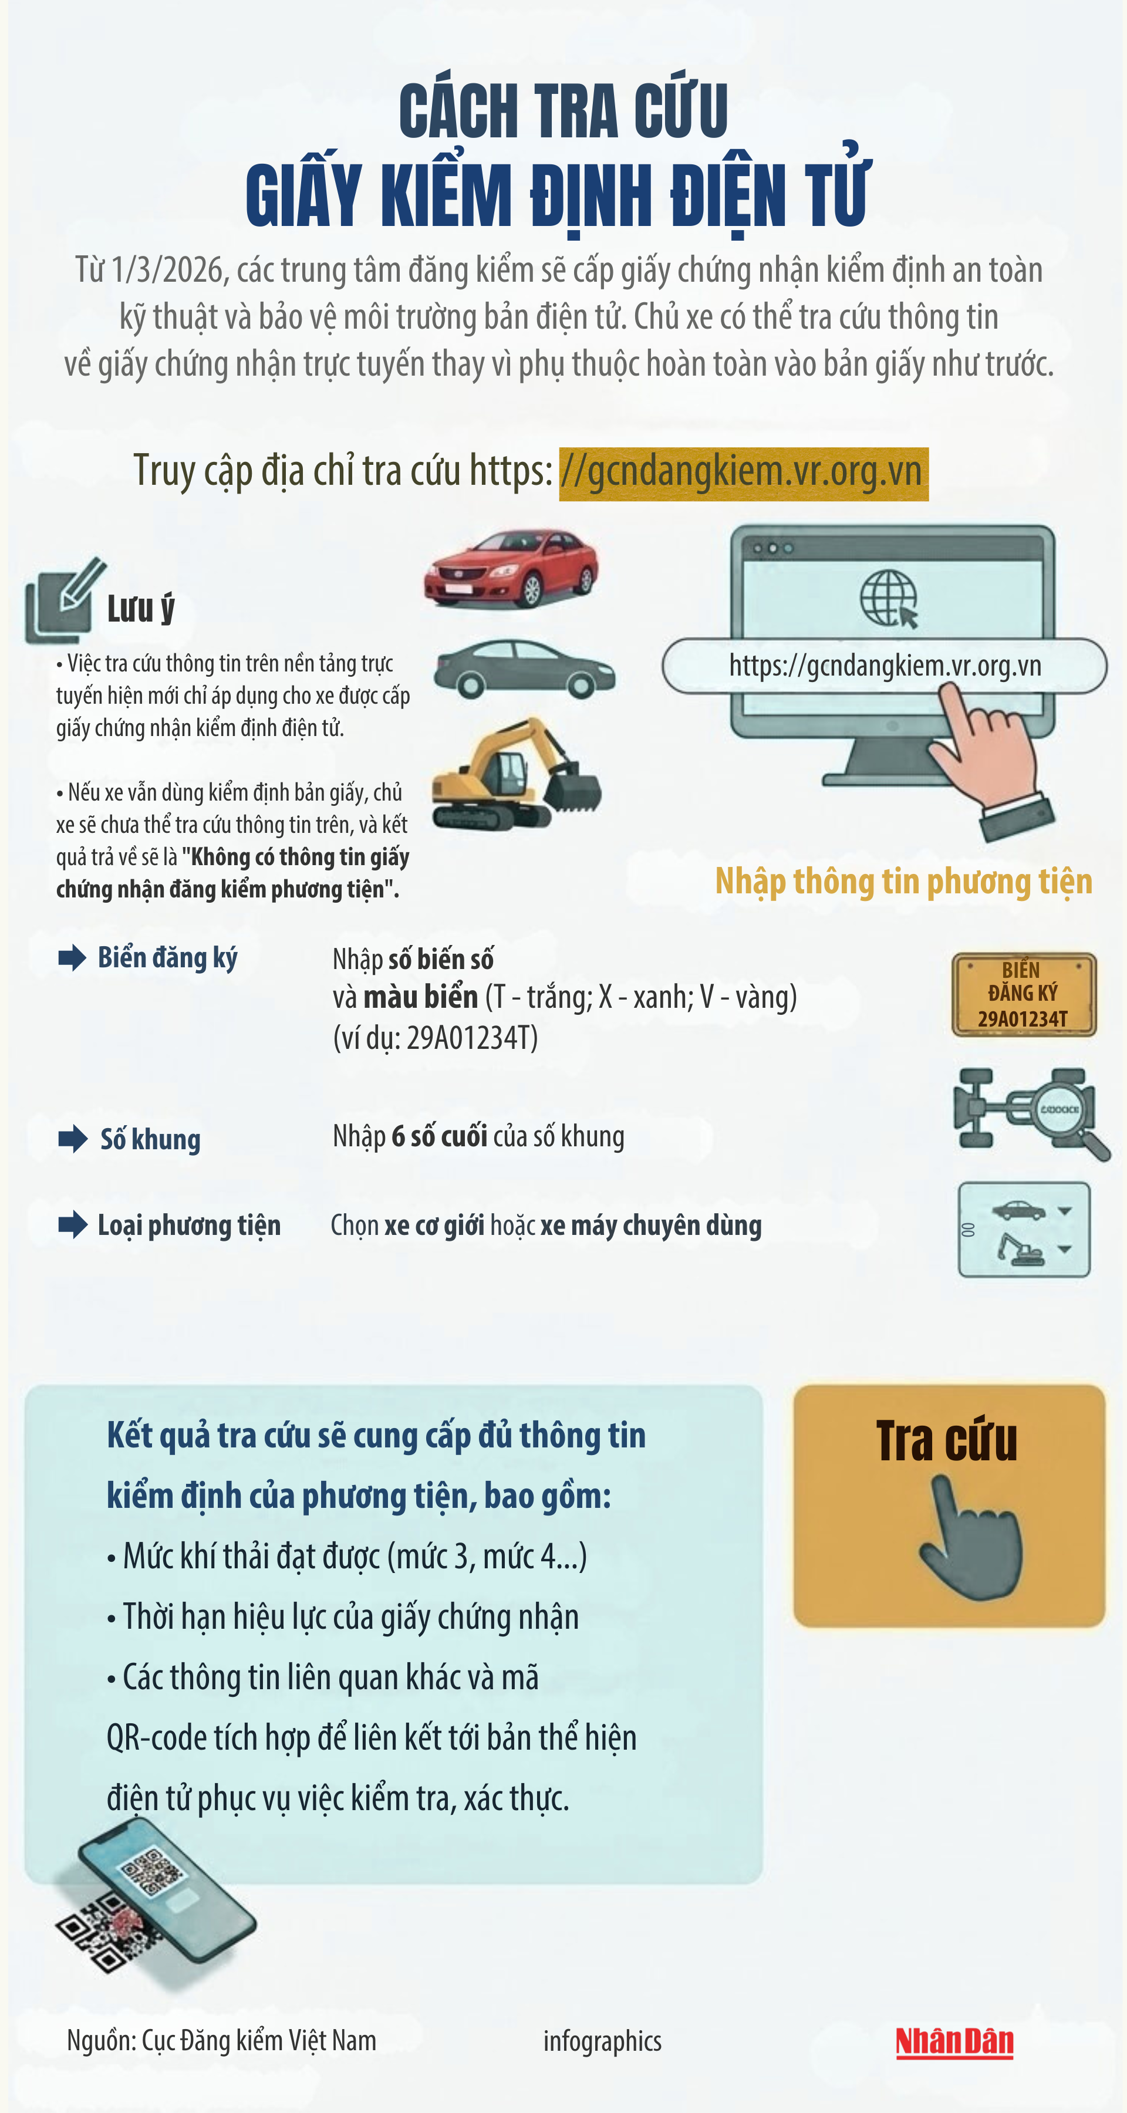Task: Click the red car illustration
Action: (511, 568)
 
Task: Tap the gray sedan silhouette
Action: (524, 669)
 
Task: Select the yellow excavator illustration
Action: (517, 774)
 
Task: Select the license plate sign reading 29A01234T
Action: (1024, 994)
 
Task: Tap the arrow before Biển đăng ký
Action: (72, 957)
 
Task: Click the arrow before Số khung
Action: (73, 1139)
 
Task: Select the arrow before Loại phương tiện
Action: (73, 1224)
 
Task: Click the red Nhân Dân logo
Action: (954, 2041)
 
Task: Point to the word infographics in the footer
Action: (602, 2041)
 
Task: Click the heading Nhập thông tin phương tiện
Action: (904, 882)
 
